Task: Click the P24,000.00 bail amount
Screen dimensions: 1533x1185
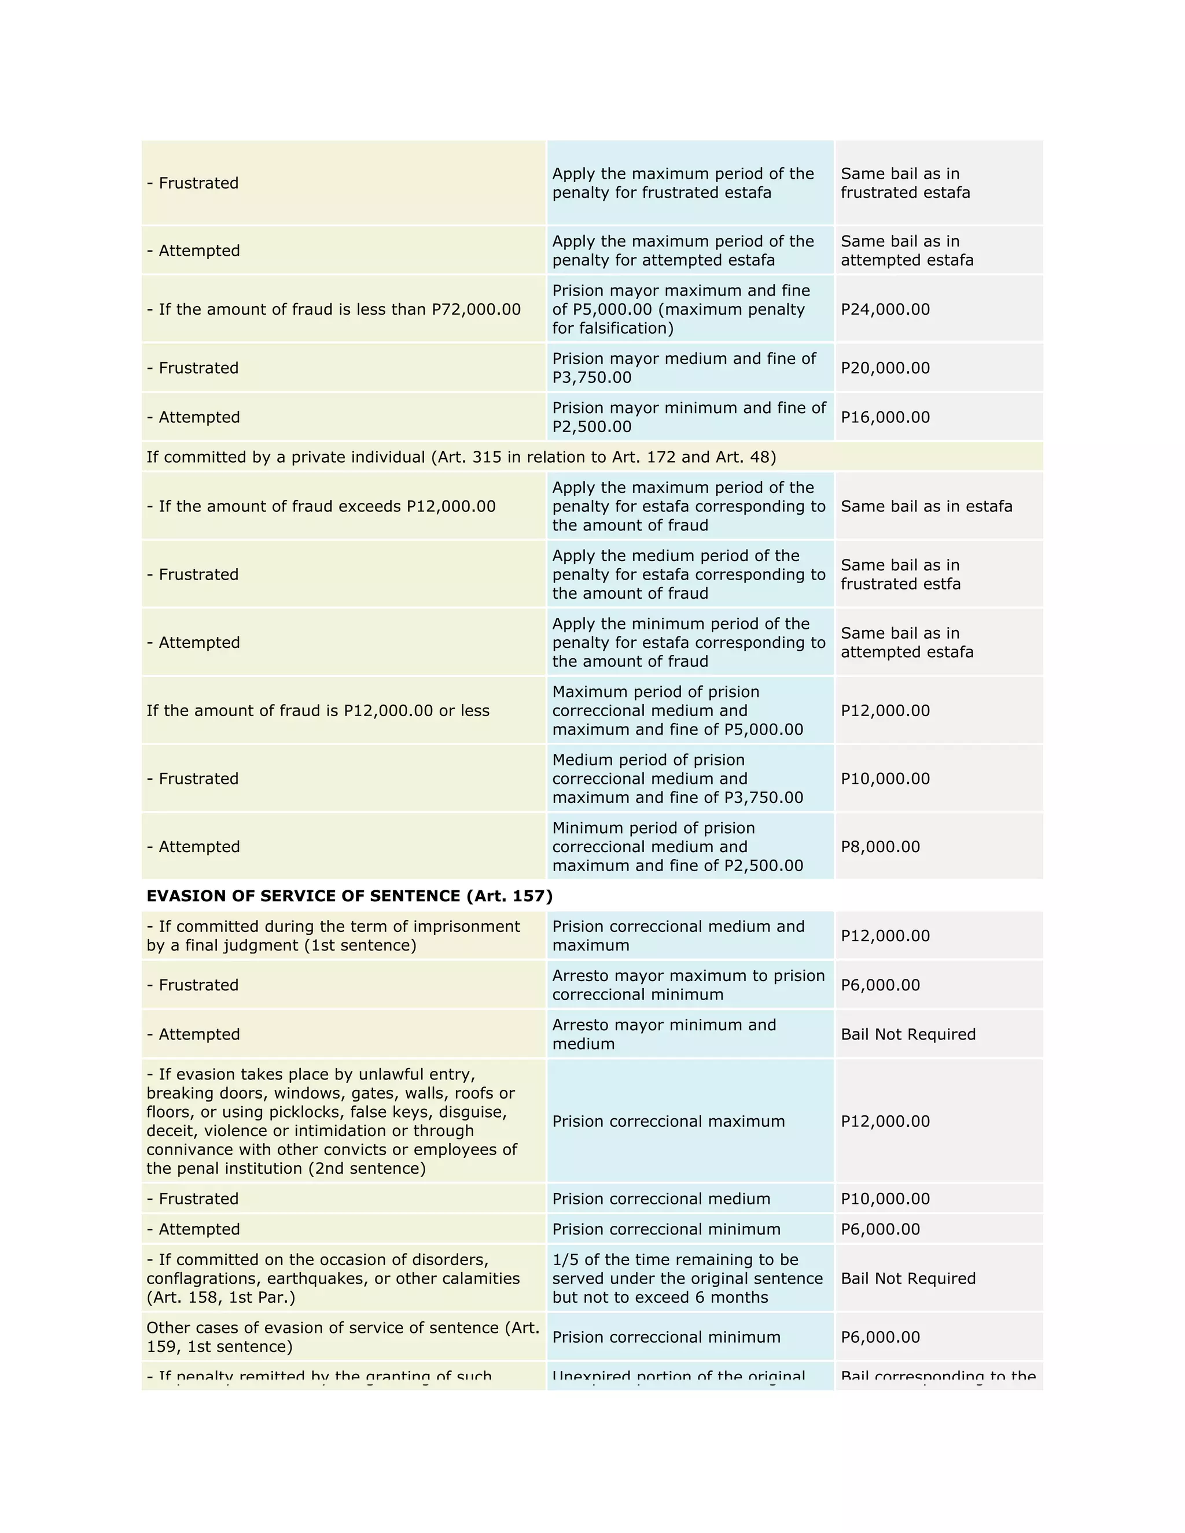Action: coord(885,309)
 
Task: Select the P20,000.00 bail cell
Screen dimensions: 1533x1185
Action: coord(885,368)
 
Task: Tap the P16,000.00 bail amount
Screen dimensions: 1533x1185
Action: coord(885,417)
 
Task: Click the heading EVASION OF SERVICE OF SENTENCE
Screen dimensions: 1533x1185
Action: coord(349,896)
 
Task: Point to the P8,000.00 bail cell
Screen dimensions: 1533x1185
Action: coord(879,846)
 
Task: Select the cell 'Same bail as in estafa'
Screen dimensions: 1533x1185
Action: coord(926,506)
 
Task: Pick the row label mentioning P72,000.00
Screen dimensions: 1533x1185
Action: coord(333,309)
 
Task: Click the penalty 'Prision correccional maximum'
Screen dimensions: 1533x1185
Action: coord(668,1121)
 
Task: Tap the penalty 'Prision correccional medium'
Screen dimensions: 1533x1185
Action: coord(661,1198)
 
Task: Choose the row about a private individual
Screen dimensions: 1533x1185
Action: coord(461,457)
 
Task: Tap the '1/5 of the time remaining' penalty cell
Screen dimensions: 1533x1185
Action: coord(687,1278)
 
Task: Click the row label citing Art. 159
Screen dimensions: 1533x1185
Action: coord(343,1336)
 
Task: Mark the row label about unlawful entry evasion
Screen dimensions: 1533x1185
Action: coord(332,1121)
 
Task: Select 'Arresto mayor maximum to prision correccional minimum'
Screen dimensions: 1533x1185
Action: coord(688,985)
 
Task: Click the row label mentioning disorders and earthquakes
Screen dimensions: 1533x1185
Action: coord(333,1278)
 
